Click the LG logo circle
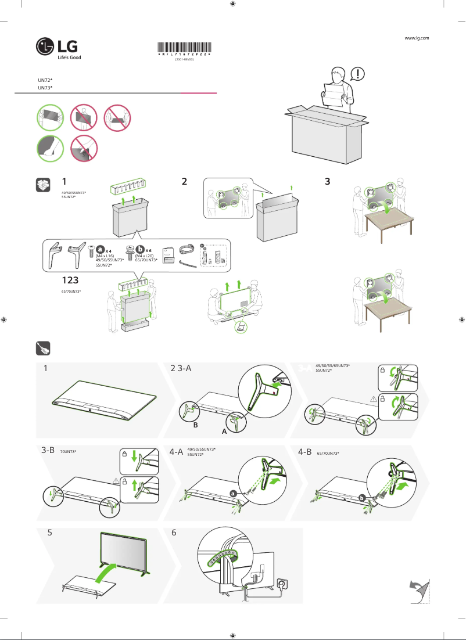(44, 46)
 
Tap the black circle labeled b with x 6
(139, 249)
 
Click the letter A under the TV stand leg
(224, 432)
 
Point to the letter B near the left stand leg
(196, 425)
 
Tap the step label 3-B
(48, 451)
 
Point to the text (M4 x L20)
(144, 256)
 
